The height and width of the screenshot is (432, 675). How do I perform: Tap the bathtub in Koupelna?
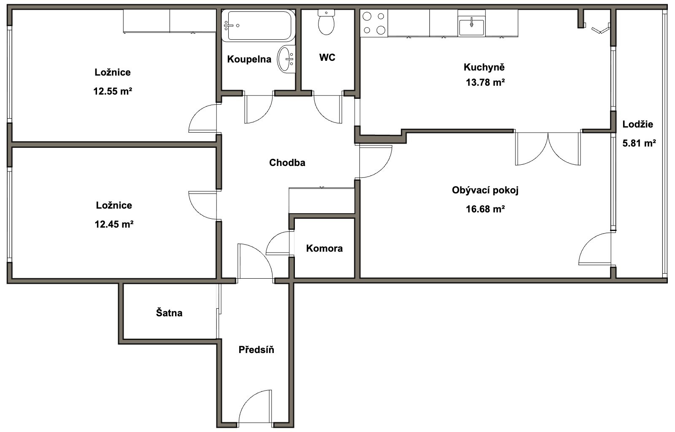(258, 26)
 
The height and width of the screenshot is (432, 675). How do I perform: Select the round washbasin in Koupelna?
(286, 59)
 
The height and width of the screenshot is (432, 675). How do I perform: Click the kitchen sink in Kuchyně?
(471, 27)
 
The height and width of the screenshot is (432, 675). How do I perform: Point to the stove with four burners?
(374, 23)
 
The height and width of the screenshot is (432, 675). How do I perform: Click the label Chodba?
(287, 163)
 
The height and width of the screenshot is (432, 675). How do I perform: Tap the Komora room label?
(324, 248)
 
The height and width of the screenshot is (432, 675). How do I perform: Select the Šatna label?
(169, 312)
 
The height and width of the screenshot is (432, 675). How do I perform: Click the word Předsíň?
(256, 350)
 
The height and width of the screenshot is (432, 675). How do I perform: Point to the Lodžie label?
(638, 124)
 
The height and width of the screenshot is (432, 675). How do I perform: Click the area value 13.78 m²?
(485, 82)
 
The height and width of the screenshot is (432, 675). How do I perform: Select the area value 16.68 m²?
(485, 209)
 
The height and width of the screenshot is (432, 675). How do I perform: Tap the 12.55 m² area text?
(113, 91)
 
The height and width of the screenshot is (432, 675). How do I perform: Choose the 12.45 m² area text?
(114, 224)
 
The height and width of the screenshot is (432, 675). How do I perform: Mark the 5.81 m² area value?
(639, 143)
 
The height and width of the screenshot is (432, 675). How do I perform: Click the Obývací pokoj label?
(485, 190)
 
